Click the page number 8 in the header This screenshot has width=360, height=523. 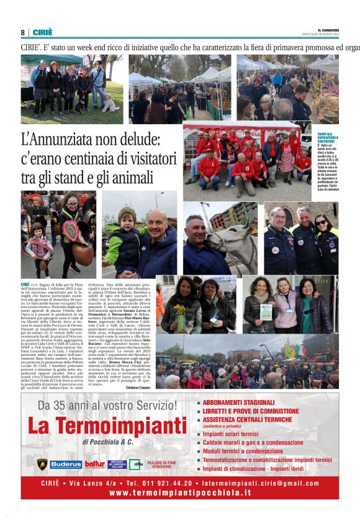23,32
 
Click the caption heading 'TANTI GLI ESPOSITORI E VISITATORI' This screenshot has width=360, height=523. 327,138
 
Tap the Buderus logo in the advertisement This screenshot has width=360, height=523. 66,464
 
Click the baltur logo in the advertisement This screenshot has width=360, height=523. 95,464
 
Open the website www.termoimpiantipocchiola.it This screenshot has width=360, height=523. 180,492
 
